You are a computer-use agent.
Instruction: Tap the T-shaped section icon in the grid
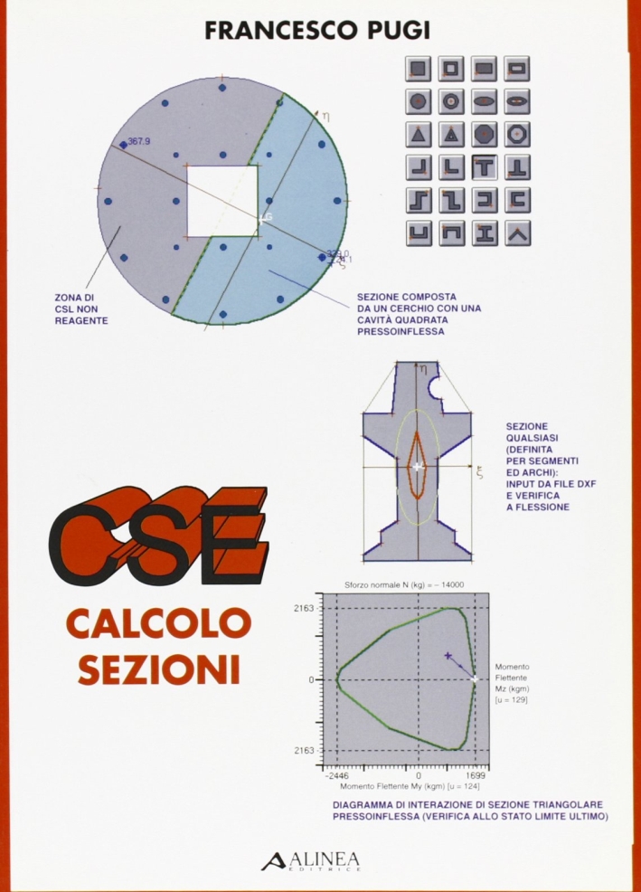point(485,166)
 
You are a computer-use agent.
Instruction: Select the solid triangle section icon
point(418,134)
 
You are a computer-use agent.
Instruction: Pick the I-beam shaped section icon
point(485,232)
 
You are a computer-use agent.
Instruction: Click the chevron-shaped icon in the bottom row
point(518,232)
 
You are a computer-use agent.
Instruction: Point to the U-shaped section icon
point(418,232)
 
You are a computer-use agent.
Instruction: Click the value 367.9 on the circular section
point(139,141)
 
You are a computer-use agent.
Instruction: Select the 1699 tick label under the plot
point(476,775)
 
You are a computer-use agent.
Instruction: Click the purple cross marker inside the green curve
point(448,656)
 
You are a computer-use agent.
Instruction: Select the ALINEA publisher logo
point(311,859)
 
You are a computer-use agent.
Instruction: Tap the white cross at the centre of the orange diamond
point(417,467)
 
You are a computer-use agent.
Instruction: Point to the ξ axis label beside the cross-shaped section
point(480,471)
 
